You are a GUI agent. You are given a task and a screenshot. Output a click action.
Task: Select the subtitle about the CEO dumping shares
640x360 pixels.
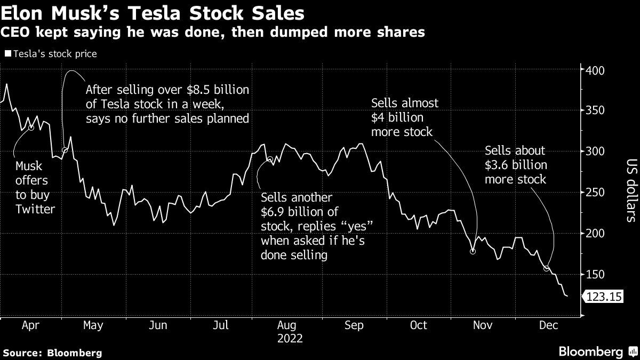tap(213, 33)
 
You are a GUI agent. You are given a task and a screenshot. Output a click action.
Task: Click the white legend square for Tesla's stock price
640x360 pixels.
tap(7, 54)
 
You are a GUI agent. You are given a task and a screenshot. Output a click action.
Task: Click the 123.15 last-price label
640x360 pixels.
tap(604, 297)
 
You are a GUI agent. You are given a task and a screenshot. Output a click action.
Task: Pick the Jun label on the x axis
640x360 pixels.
tap(158, 325)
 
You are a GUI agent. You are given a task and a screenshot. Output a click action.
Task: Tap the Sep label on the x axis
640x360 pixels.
tap(355, 325)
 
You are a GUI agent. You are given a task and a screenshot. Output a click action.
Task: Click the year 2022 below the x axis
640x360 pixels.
tap(289, 338)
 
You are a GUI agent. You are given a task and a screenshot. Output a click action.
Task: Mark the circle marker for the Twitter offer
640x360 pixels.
tap(31, 128)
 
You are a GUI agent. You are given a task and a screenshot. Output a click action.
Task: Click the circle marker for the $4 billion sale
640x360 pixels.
tap(473, 251)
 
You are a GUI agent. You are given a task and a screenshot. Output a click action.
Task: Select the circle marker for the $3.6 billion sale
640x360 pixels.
tap(546, 268)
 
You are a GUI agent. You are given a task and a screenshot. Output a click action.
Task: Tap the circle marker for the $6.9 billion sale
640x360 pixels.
tap(270, 159)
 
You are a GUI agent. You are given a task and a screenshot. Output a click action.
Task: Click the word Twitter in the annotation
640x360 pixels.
tap(35, 209)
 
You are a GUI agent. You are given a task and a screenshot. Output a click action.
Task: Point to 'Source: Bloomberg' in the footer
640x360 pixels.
tap(52, 353)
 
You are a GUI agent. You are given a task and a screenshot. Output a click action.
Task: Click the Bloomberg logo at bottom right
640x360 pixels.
tap(597, 351)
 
